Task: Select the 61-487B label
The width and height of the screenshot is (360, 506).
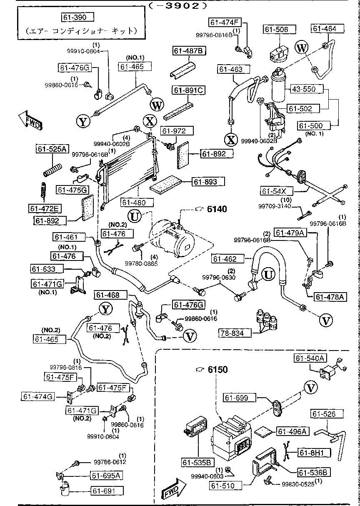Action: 188,51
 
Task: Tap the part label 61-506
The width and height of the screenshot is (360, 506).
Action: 279,30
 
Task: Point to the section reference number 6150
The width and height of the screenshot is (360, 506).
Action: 218,370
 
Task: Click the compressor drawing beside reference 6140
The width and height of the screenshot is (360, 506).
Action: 169,238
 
